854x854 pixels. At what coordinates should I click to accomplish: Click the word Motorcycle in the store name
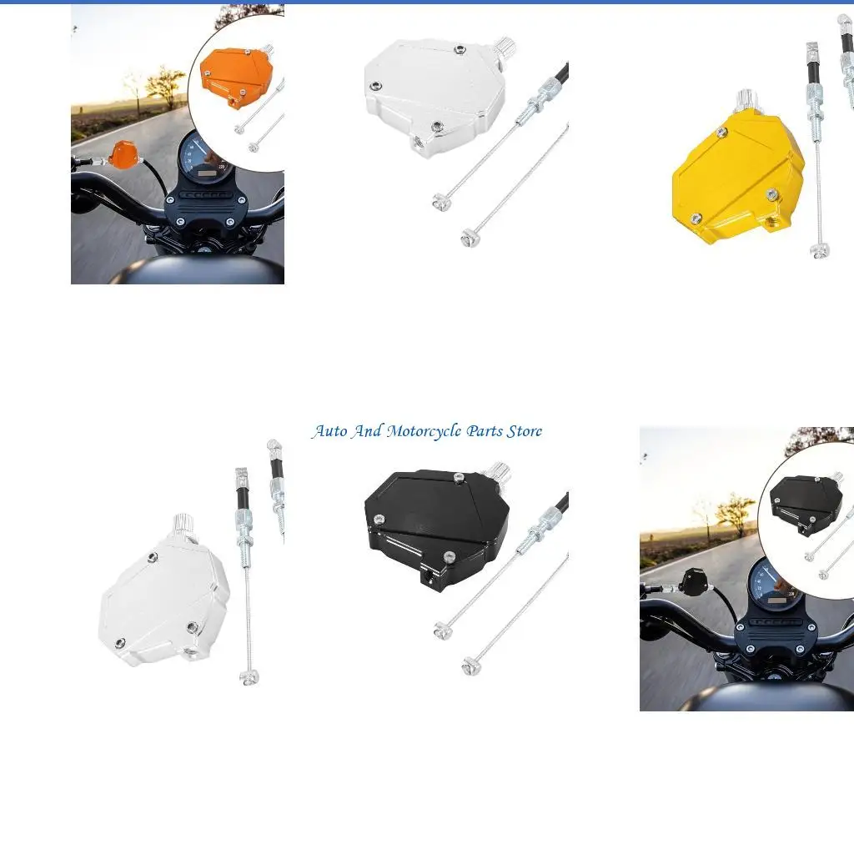[424, 431]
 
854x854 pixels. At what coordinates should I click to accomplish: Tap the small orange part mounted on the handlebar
[124, 155]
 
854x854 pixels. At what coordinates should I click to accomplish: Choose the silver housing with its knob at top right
[434, 97]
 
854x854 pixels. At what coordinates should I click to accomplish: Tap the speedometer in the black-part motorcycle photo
[774, 589]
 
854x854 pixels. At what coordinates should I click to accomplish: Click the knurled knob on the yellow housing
[744, 102]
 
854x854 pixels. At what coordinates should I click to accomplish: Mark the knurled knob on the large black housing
[498, 471]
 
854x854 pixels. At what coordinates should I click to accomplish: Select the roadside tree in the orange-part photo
[164, 83]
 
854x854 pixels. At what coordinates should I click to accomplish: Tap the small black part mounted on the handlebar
[693, 580]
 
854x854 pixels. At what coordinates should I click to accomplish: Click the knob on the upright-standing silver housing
[184, 525]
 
